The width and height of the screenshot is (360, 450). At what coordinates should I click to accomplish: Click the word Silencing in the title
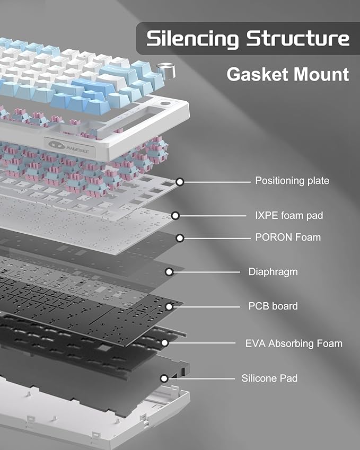click(x=193, y=39)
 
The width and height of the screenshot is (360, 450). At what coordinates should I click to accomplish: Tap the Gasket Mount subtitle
click(x=288, y=74)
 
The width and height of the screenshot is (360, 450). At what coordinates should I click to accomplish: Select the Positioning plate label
click(x=292, y=181)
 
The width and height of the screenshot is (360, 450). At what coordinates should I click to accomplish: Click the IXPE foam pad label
click(x=289, y=215)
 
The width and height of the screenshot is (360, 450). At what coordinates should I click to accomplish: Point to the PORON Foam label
click(x=288, y=237)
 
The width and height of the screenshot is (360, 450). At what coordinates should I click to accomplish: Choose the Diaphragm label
click(x=273, y=272)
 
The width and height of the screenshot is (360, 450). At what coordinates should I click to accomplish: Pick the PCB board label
click(x=273, y=306)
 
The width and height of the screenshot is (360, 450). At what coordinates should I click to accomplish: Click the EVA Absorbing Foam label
click(x=294, y=343)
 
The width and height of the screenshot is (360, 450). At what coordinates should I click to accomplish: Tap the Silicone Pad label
click(x=269, y=378)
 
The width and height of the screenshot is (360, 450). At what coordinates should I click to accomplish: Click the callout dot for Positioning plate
click(x=180, y=182)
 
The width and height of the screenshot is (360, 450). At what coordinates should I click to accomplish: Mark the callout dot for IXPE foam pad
click(x=175, y=216)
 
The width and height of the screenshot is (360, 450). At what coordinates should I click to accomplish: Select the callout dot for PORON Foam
click(x=180, y=237)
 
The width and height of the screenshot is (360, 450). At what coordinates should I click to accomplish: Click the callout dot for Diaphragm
click(x=169, y=272)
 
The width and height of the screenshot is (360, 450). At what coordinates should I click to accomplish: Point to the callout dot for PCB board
click(x=169, y=306)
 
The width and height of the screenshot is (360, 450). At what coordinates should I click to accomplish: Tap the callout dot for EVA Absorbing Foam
click(x=165, y=343)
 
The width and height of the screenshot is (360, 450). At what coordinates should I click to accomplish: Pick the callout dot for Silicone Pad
click(x=164, y=378)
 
